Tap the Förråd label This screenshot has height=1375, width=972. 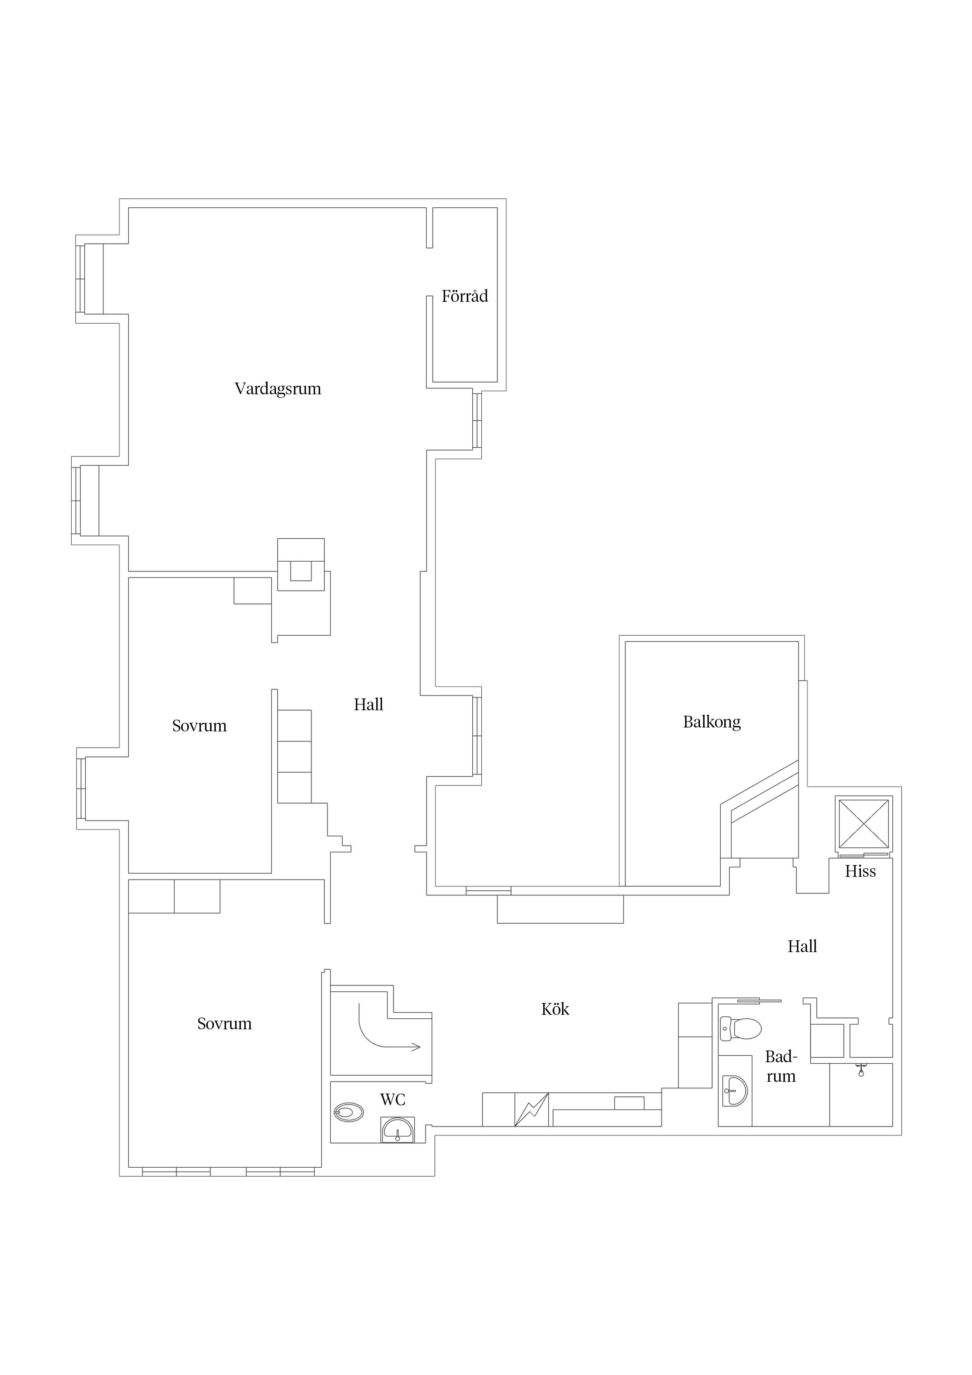465,296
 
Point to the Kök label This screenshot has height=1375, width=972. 555,1009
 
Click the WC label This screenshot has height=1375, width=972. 393,1099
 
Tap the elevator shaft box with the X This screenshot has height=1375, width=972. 863,824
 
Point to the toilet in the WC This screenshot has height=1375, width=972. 348,1113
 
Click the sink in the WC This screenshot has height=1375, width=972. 397,1130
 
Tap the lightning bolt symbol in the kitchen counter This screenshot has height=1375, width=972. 531,1110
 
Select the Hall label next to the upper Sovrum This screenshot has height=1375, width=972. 368,704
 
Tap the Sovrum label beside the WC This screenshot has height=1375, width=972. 225,1023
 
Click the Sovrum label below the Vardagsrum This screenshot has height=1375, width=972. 199,726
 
